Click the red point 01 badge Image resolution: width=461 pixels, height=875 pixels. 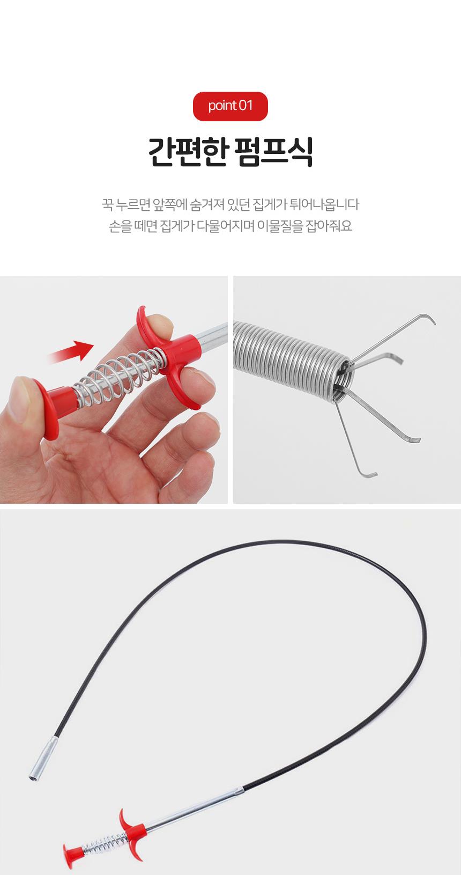pos(230,106)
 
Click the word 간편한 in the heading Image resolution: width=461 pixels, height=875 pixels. pos(188,152)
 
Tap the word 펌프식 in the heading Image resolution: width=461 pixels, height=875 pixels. pos(273,152)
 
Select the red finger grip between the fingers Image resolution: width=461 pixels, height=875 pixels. pos(172,356)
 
